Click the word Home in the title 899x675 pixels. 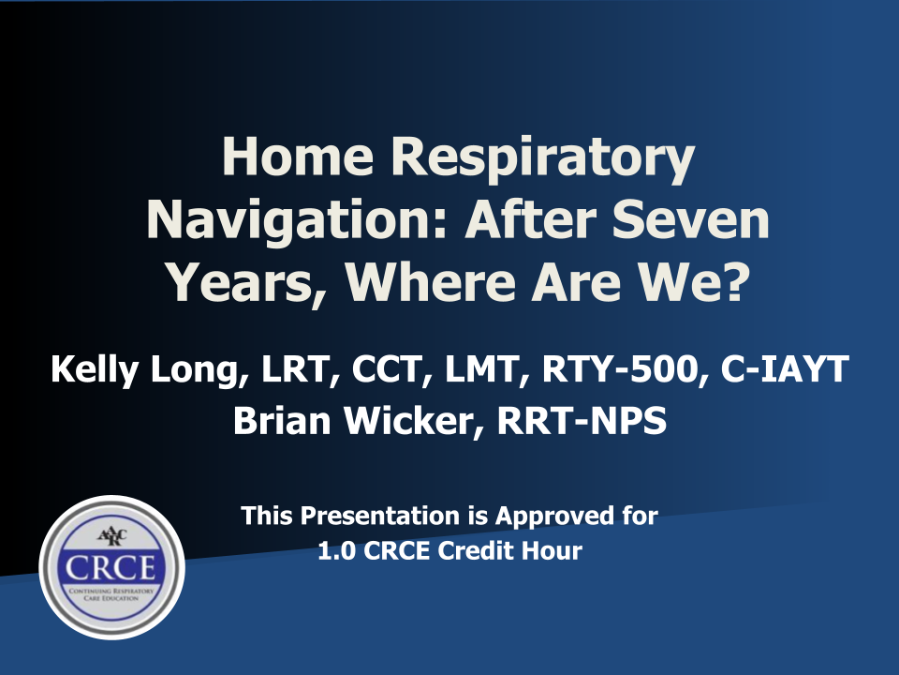298,157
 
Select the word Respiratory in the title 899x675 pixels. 542,160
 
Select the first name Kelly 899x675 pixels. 95,369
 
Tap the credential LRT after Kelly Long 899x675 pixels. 295,369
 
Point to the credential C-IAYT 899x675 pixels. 785,368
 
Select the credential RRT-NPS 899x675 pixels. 582,421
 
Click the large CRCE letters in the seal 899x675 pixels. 111,568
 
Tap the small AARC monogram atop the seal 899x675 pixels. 111,536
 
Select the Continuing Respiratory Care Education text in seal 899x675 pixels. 111,594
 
